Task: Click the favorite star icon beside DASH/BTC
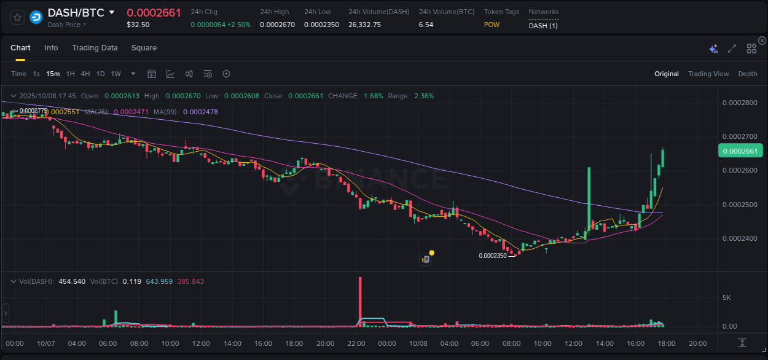click(x=18, y=17)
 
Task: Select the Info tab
click(x=51, y=48)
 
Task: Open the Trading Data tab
click(x=95, y=48)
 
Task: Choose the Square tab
click(x=144, y=48)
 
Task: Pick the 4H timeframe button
click(x=85, y=74)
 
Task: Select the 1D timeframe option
click(x=100, y=74)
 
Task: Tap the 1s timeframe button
click(x=36, y=74)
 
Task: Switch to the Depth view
click(x=747, y=74)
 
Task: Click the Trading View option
click(x=708, y=74)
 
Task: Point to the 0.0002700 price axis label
click(x=740, y=136)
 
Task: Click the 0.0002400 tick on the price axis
click(x=740, y=238)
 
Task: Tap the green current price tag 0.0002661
click(x=740, y=151)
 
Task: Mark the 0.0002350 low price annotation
click(x=493, y=256)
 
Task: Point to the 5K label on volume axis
click(x=726, y=297)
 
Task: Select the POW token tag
click(x=492, y=25)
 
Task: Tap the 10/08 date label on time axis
click(x=418, y=343)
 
